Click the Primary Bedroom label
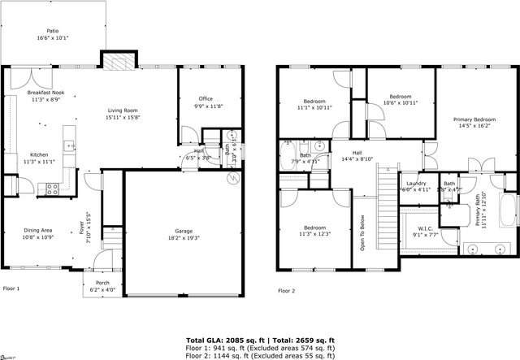pyautogui.click(x=474, y=119)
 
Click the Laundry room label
pyautogui.click(x=416, y=184)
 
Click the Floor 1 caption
pyautogui.click(x=11, y=288)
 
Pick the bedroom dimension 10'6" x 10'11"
pyautogui.click(x=400, y=103)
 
